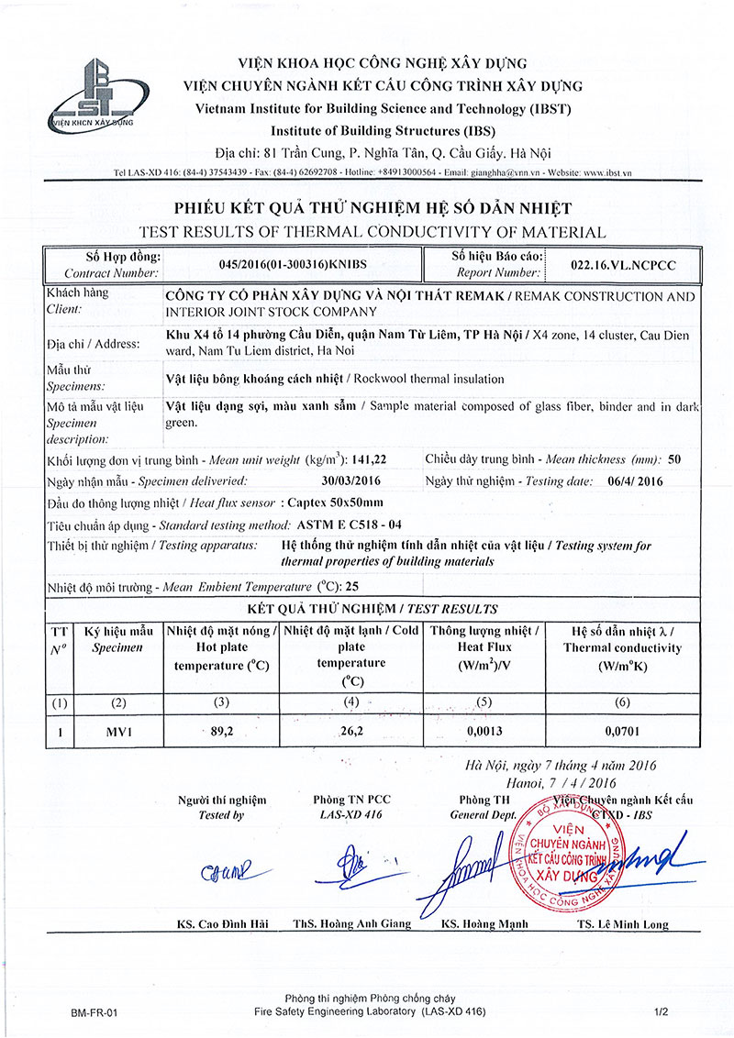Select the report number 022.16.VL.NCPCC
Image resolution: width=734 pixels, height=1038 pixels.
(x=623, y=264)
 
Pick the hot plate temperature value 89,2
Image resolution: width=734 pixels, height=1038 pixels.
(x=220, y=732)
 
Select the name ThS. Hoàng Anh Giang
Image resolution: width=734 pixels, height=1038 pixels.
(x=351, y=923)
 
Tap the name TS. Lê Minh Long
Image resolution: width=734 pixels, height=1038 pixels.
(x=623, y=923)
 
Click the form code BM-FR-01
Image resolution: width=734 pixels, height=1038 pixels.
(x=95, y=1012)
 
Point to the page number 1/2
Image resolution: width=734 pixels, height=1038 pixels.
(x=662, y=1012)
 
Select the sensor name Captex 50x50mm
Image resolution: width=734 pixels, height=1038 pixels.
(x=335, y=502)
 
